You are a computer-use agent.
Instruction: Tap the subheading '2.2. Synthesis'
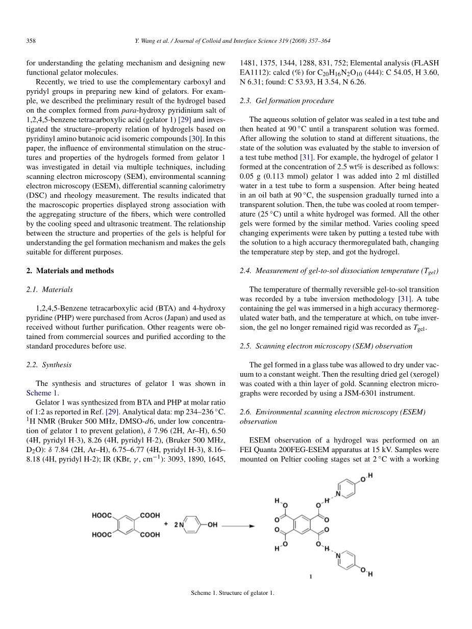[48, 364]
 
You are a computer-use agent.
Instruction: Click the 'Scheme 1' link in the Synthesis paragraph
[39, 392]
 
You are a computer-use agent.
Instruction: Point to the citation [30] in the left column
[196, 139]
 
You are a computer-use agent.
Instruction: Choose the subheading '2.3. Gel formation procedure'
[287, 100]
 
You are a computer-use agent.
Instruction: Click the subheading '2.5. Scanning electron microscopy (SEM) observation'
[326, 346]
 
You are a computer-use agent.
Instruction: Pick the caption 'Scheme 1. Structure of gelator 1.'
[235, 593]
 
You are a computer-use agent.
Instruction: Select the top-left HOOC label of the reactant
[103, 515]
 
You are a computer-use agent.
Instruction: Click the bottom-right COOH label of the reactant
[150, 535]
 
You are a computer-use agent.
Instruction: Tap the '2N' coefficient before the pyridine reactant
[179, 525]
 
